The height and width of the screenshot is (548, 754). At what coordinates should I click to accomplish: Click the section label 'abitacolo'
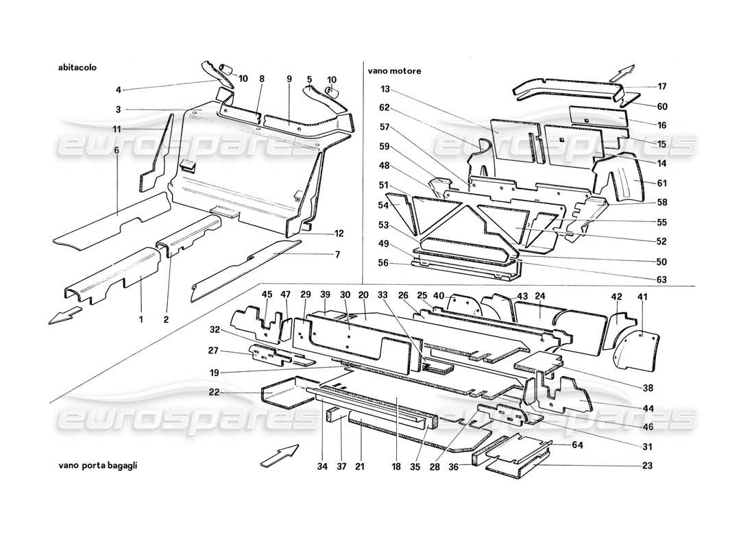point(78,68)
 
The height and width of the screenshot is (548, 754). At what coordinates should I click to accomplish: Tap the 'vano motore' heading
point(394,71)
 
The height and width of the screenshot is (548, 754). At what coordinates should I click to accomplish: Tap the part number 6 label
point(117,151)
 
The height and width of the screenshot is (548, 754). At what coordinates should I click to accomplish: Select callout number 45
point(267,295)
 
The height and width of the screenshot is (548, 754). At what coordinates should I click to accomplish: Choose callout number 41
point(642,297)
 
